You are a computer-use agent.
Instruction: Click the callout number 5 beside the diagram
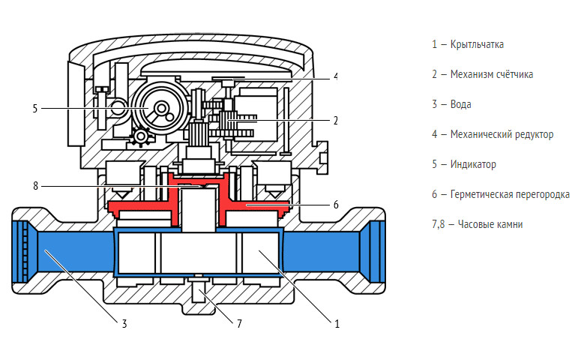coord(34,109)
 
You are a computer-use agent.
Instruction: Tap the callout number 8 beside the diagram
coord(34,185)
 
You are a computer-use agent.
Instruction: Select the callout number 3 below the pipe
coord(124,324)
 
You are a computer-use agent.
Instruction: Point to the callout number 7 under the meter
coord(239,325)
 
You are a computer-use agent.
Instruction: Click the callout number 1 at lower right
coord(337,324)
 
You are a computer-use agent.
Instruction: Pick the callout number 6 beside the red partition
coord(335,204)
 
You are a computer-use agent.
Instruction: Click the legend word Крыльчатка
coord(477,44)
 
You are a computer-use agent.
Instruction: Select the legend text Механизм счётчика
coord(492,74)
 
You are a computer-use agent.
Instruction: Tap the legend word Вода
coord(461,104)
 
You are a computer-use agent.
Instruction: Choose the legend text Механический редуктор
coord(502,134)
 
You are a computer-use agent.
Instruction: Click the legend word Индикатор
coord(473,164)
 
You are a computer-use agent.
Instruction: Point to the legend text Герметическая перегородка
coord(508,194)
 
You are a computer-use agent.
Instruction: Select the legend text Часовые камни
coord(487,224)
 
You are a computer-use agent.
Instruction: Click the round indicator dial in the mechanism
coord(159,109)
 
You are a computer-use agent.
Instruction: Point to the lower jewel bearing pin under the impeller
coord(199,288)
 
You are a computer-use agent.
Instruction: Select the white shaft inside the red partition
coord(199,209)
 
